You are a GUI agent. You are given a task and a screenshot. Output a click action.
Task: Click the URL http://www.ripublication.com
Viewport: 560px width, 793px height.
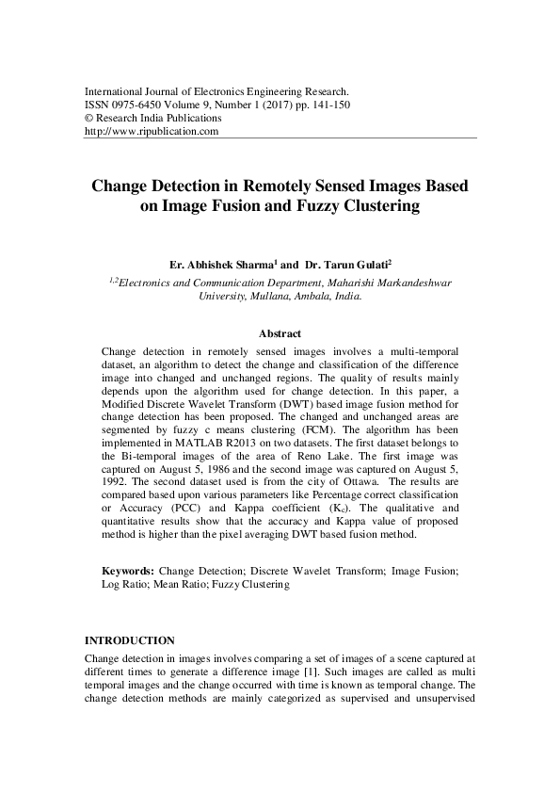[x=152, y=132]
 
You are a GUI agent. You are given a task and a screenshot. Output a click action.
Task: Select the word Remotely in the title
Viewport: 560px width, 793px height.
[x=285, y=186]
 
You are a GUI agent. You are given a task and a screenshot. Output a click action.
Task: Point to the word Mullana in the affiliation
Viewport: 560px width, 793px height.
[x=269, y=295]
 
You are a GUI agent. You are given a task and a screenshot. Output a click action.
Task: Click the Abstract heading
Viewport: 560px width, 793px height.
[x=280, y=333]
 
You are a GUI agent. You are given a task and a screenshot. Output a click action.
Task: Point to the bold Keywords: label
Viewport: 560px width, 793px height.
[x=128, y=571]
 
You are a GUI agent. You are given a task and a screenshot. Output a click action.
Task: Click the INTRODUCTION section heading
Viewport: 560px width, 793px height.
[x=130, y=640]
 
